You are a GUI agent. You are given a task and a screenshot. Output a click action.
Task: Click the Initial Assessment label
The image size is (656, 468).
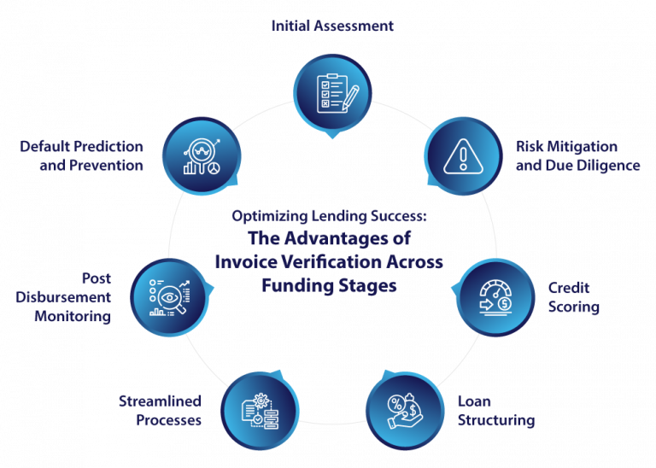(x=332, y=26)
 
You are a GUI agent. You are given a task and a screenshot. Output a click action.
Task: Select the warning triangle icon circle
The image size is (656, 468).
(x=463, y=155)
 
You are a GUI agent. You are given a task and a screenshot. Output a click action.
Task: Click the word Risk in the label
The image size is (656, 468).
(x=530, y=148)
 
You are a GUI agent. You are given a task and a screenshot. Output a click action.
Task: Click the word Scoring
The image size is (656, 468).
(x=574, y=307)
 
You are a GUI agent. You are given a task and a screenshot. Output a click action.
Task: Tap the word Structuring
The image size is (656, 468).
(x=495, y=420)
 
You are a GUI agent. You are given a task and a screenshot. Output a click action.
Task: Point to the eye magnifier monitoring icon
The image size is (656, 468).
(x=169, y=297)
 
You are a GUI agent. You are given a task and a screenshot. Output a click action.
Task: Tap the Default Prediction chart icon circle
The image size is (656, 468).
(x=202, y=155)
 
